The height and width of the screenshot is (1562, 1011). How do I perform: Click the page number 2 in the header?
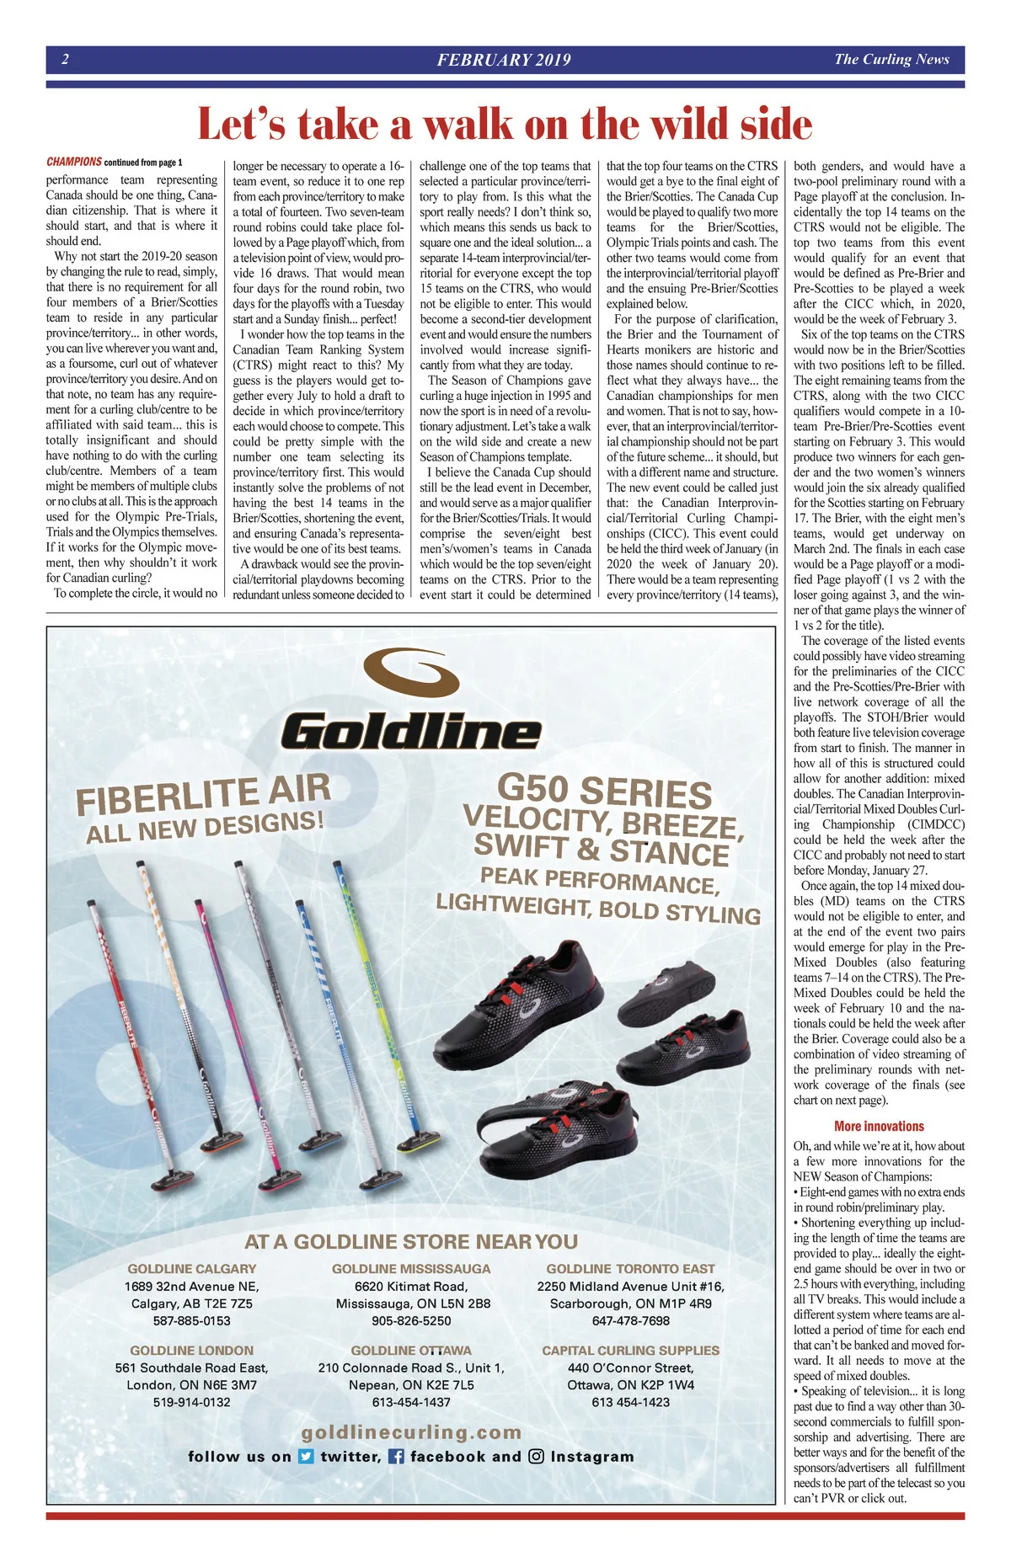(65, 59)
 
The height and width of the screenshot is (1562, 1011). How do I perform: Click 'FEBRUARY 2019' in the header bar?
(504, 60)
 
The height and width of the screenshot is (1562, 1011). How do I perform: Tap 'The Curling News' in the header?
(891, 59)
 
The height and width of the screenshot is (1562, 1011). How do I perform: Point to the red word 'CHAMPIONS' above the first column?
(74, 162)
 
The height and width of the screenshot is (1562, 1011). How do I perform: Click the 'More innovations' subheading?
(879, 1126)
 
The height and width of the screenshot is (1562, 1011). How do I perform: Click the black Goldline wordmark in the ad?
(411, 729)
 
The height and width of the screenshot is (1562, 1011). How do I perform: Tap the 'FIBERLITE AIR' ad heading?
(203, 794)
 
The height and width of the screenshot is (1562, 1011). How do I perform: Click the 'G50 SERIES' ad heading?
(604, 792)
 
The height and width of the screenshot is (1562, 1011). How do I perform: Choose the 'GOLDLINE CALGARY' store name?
(192, 1268)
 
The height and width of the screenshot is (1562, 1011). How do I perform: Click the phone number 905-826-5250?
(411, 1320)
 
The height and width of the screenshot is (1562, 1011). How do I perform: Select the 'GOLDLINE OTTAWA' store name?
(411, 1350)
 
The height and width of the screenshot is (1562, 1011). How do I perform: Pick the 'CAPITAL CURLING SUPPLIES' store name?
(630, 1350)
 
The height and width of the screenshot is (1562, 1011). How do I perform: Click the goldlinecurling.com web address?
(411, 1431)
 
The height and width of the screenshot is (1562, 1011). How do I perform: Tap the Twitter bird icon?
(307, 1456)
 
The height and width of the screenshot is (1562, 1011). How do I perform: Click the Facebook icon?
(396, 1456)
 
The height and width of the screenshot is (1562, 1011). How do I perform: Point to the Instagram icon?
(536, 1456)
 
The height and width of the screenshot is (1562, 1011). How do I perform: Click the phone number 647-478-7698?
(630, 1320)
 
